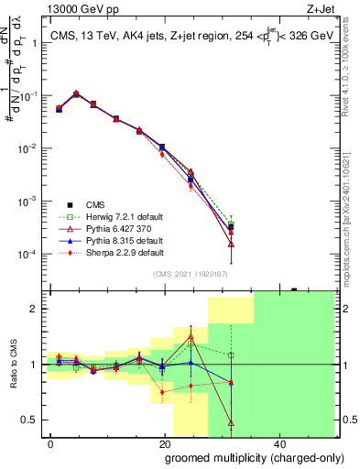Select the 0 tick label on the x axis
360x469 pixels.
click(51, 443)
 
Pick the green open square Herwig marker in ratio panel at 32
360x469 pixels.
click(231, 354)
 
